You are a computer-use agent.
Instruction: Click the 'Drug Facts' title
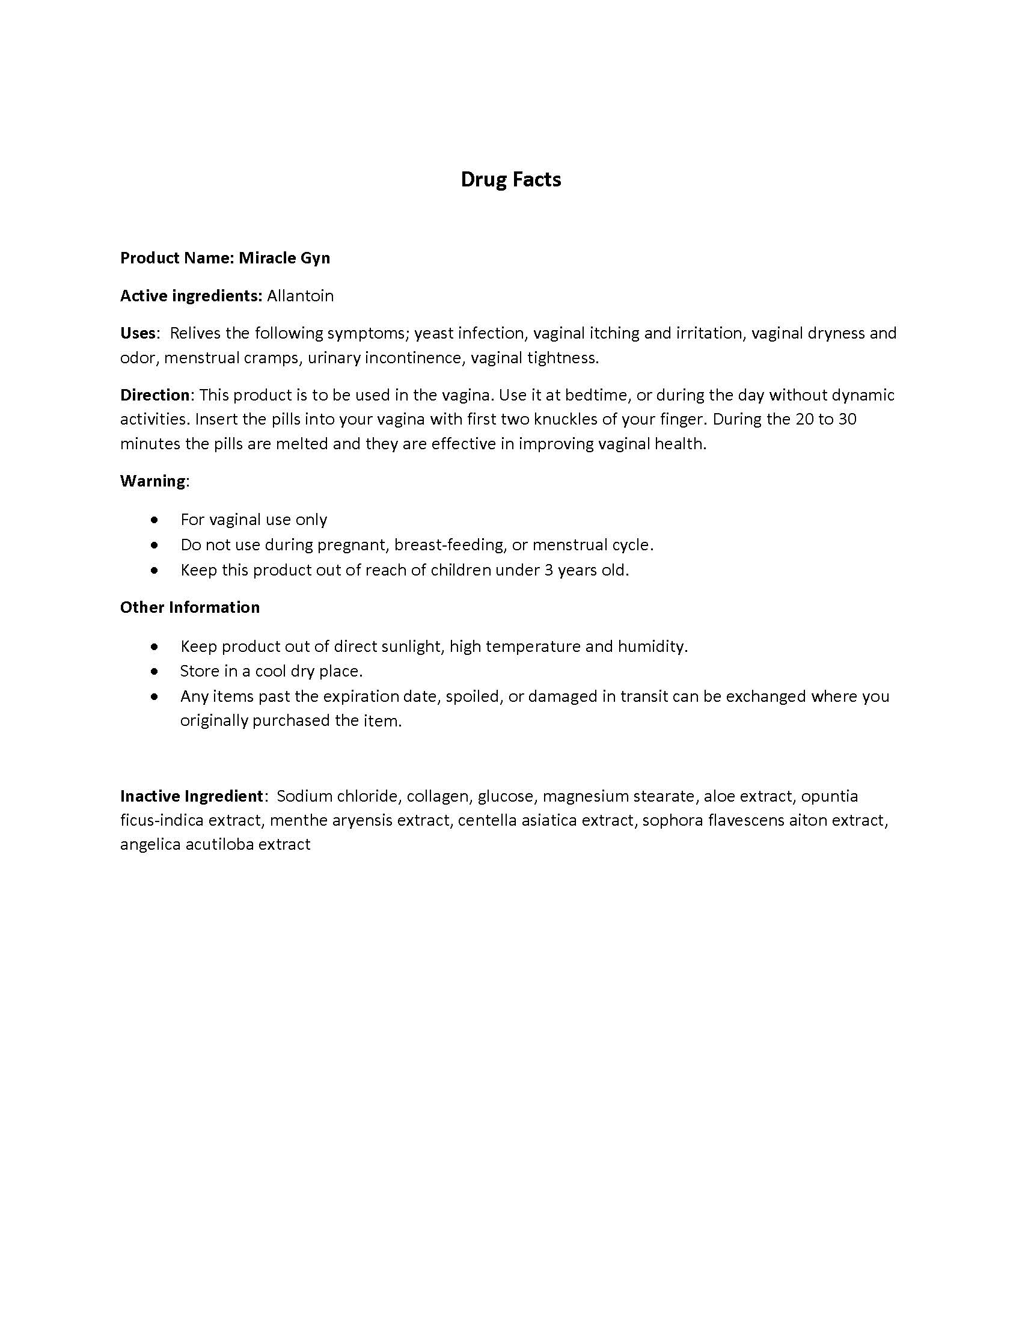click(x=510, y=179)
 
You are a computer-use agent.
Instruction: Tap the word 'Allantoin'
click(x=301, y=296)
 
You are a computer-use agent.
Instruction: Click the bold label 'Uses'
click(x=138, y=333)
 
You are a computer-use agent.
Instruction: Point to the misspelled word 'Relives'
click(x=195, y=333)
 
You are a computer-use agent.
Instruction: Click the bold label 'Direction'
click(x=155, y=395)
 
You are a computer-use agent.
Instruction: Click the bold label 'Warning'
click(x=153, y=481)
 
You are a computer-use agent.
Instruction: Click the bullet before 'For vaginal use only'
click(x=156, y=520)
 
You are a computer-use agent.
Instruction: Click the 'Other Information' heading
click(x=189, y=607)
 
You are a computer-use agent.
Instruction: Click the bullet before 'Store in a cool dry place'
click(x=156, y=671)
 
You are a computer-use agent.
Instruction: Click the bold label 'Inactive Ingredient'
click(x=191, y=796)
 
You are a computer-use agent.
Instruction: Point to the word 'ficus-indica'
click(x=162, y=820)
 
